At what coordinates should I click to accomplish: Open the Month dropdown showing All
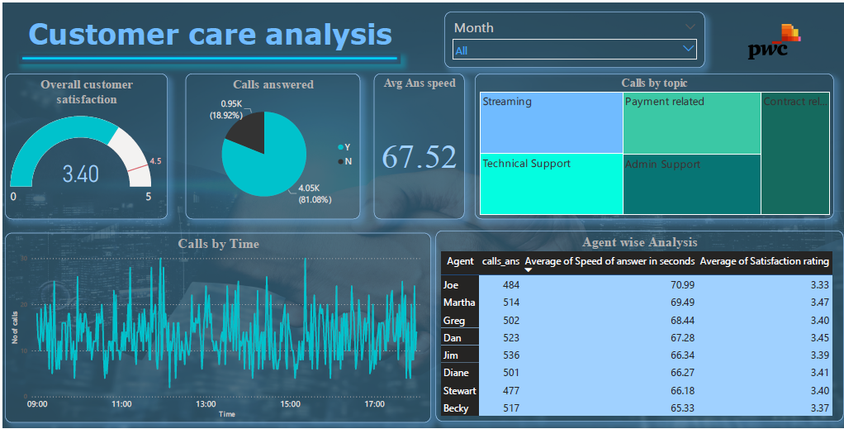(x=574, y=50)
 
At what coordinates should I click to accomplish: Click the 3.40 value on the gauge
(x=81, y=174)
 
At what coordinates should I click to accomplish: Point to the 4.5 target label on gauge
(x=155, y=161)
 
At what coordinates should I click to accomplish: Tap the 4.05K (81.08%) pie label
(x=314, y=193)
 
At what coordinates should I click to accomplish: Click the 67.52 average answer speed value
(x=419, y=157)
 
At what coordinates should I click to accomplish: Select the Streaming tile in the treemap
(x=551, y=122)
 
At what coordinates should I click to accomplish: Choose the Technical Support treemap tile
(x=551, y=184)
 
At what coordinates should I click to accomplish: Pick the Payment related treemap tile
(x=691, y=122)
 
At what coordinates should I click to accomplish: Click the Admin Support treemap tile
(x=691, y=184)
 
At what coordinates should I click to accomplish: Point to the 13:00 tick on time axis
(x=206, y=404)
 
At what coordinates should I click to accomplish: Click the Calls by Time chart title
(x=218, y=244)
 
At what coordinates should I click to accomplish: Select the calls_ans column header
(x=500, y=261)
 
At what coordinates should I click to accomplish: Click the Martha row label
(x=459, y=303)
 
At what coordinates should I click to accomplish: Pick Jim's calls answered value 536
(x=510, y=355)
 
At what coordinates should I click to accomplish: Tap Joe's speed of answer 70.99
(x=682, y=285)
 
